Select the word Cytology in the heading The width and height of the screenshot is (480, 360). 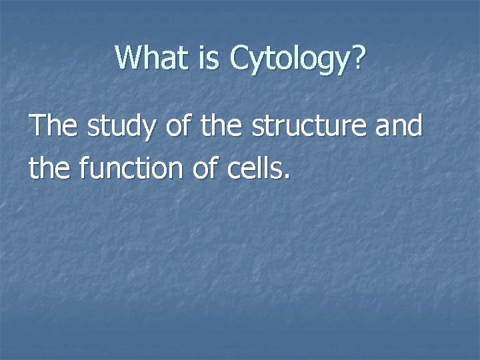(288, 59)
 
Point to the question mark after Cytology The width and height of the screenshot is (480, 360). (359, 58)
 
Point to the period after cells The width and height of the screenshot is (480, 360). (287, 177)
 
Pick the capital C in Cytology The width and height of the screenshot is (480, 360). (238, 58)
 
